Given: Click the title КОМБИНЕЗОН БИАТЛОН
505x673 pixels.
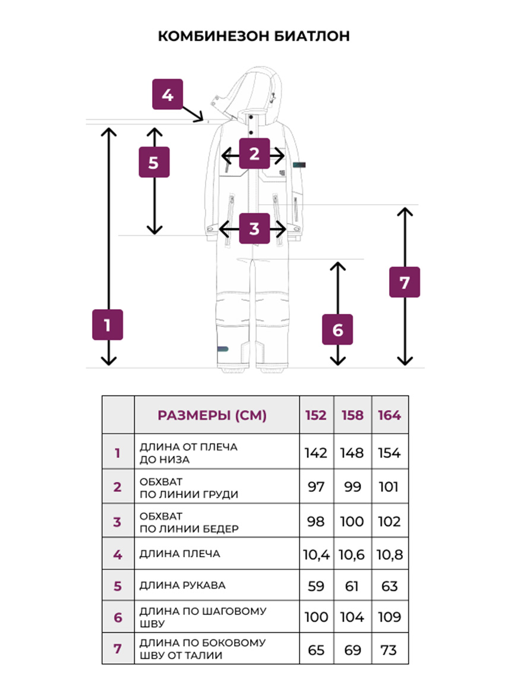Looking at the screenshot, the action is pyautogui.click(x=254, y=36).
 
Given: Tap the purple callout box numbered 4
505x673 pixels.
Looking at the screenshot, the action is pyautogui.click(x=168, y=94).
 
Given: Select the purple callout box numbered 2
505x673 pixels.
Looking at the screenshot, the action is pyautogui.click(x=254, y=153).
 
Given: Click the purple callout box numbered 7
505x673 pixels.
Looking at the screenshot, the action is pyautogui.click(x=405, y=282).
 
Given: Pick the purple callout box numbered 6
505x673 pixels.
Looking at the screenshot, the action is pyautogui.click(x=337, y=329).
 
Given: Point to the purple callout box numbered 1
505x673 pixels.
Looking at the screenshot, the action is pyautogui.click(x=108, y=325).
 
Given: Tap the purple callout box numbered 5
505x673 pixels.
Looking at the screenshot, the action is pyautogui.click(x=154, y=162).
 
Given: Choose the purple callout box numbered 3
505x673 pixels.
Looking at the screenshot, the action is pyautogui.click(x=254, y=228).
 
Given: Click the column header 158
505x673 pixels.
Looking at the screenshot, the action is pyautogui.click(x=352, y=415).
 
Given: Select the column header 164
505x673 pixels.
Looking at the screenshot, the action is pyautogui.click(x=389, y=415).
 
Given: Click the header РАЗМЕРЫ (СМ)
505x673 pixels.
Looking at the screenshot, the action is pyautogui.click(x=212, y=415).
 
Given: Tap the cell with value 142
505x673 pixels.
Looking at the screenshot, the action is pyautogui.click(x=316, y=453).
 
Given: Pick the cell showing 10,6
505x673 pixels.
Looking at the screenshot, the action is pyautogui.click(x=352, y=554).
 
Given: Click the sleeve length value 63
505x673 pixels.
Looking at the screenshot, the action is pyautogui.click(x=389, y=586).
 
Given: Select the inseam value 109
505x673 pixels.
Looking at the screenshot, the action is pyautogui.click(x=389, y=617).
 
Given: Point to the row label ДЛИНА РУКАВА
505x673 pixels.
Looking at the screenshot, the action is pyautogui.click(x=182, y=585).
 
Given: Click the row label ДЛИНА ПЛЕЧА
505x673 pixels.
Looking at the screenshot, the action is pyautogui.click(x=179, y=554).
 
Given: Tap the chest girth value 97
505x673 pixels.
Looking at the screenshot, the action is pyautogui.click(x=316, y=487).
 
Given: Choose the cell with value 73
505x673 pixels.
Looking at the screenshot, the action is pyautogui.click(x=389, y=650).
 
